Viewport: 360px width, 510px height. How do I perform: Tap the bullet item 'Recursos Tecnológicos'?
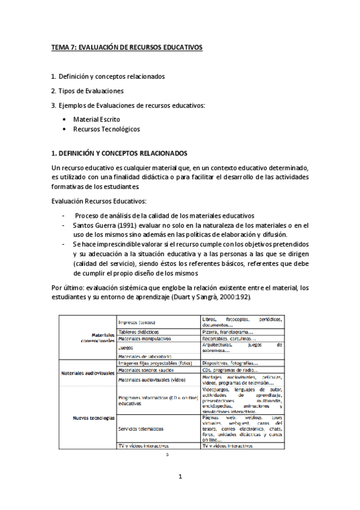(106, 129)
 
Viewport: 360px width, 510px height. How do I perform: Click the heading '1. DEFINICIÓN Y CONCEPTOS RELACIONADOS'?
(120, 153)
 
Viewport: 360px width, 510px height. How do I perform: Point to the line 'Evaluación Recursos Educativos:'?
(99, 201)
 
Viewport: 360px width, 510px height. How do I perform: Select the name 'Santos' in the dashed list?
(84, 225)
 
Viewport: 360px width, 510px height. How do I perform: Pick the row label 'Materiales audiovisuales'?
(88, 373)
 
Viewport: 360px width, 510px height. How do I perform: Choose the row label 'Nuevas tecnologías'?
(93, 417)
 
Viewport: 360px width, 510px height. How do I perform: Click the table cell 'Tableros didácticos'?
(139, 331)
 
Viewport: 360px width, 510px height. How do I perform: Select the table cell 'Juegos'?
(126, 348)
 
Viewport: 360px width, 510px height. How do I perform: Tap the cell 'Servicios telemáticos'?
(142, 428)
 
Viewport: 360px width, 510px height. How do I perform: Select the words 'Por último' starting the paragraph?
(68, 287)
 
